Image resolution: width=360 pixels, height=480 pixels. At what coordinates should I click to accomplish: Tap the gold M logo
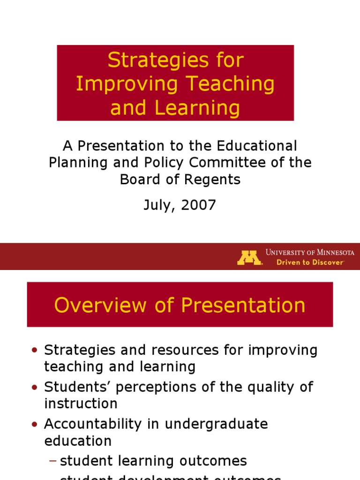(249, 258)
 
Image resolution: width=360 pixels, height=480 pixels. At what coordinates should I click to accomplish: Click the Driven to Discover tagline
(310, 262)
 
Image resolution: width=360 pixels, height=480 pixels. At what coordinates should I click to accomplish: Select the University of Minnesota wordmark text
(310, 252)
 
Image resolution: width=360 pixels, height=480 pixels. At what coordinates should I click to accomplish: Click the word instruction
(81, 404)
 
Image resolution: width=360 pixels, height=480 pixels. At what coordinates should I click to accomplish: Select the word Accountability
(97, 424)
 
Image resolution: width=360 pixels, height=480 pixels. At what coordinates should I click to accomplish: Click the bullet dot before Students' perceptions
(34, 388)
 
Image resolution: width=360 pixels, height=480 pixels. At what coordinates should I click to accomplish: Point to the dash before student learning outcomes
(52, 461)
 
